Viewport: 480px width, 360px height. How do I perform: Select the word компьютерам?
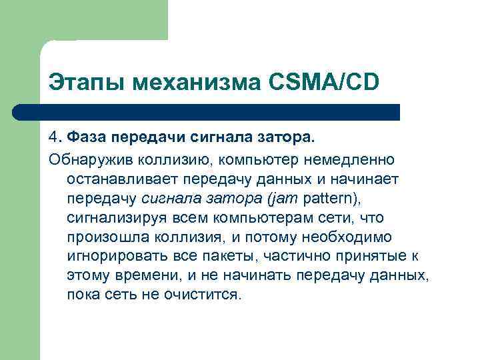click(267, 218)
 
